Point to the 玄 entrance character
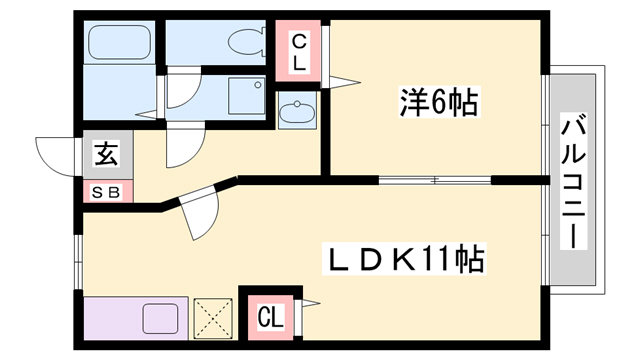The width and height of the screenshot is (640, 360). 105,155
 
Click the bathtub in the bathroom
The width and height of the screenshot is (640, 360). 119,42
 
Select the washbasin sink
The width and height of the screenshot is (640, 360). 295,112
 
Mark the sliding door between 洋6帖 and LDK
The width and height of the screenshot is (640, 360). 435,180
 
